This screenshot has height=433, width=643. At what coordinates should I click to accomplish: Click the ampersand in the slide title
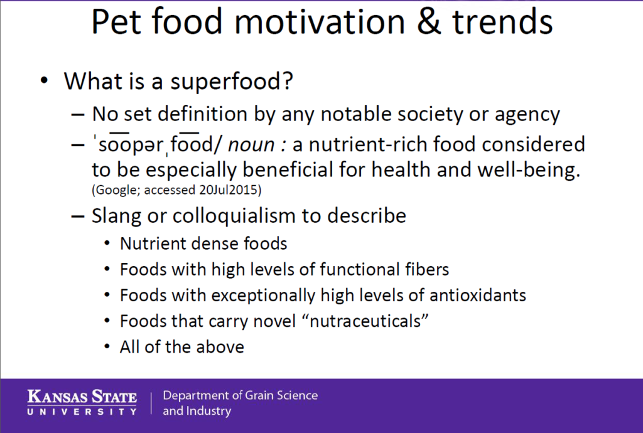coord(428,22)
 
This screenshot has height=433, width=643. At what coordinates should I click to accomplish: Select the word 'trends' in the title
coord(502,22)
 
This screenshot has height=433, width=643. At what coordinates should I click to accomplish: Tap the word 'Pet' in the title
coord(116,21)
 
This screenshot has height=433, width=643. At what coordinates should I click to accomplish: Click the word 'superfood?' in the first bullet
coord(232,82)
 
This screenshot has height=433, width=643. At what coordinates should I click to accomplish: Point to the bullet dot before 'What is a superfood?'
coord(45,80)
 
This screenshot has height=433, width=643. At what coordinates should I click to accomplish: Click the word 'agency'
coord(527,115)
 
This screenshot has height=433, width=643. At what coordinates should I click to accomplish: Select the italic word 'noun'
coord(251,144)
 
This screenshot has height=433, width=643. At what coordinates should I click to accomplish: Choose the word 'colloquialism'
coord(234,216)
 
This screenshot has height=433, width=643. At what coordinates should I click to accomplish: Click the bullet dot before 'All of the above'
coord(107,347)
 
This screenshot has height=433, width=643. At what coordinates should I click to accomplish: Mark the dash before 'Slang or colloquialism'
coord(77,216)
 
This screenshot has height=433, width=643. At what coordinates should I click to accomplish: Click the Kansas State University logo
coord(82,402)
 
